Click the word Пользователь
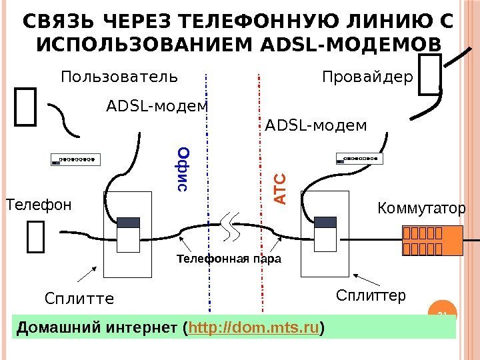pos(119,77)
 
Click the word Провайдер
pos(368,77)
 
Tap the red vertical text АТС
pos(279,189)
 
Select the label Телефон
pos(38,204)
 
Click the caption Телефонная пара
pos(229,258)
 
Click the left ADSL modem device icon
pos(76,159)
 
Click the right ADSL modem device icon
pos(360,159)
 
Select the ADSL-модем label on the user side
pos(157,106)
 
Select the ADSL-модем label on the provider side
pos(316,125)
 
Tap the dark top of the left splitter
pos(128,223)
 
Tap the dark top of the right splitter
pos(327,222)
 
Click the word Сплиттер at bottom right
pos(371,295)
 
